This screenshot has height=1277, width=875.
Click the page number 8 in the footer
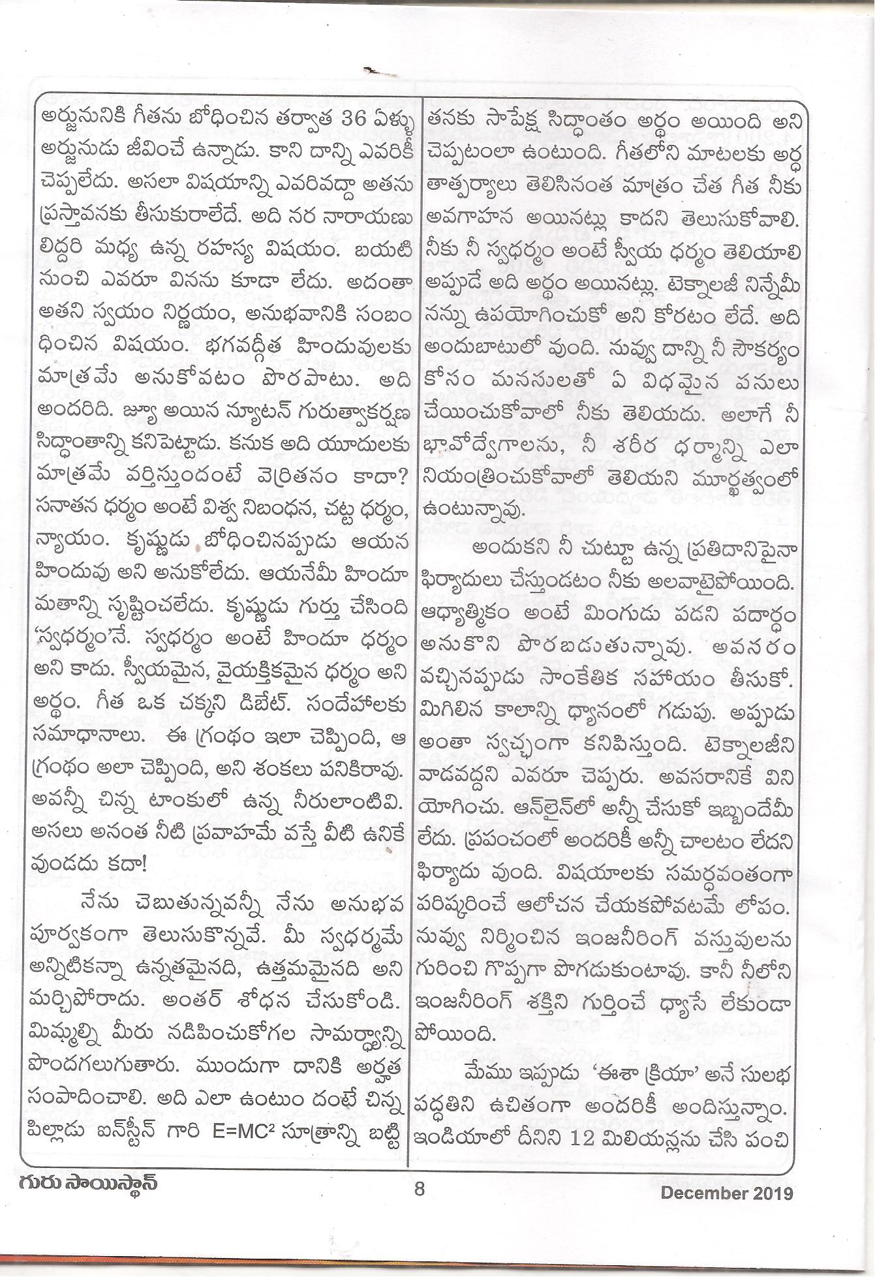pyautogui.click(x=419, y=1190)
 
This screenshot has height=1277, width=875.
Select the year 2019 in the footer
pyautogui.click(x=775, y=1193)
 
